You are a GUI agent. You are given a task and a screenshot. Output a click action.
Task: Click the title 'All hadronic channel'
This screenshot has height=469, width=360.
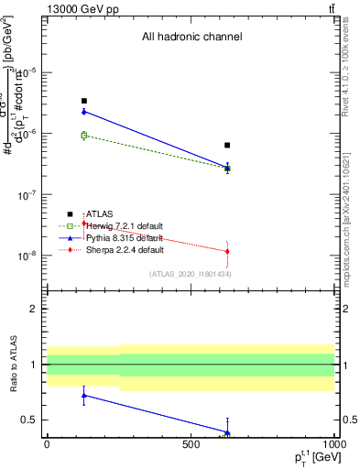[191, 38]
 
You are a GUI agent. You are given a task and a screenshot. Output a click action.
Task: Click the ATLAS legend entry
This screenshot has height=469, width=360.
[101, 213]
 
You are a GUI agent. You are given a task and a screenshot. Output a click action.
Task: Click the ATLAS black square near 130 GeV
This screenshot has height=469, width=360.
[84, 101]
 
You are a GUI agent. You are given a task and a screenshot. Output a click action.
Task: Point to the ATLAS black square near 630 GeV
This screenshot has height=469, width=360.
[227, 145]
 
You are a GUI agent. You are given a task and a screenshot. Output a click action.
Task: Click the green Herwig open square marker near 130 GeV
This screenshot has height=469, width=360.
[84, 136]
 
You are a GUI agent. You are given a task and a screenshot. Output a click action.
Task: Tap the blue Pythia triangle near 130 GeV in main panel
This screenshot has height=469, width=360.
[84, 111]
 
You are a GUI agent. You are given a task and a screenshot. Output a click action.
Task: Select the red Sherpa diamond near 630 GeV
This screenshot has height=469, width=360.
[227, 251]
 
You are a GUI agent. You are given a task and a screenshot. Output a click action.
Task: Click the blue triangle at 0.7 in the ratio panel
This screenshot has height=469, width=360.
[84, 396]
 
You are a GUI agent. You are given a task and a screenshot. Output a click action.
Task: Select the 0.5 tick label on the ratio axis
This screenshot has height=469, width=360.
[30, 420]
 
